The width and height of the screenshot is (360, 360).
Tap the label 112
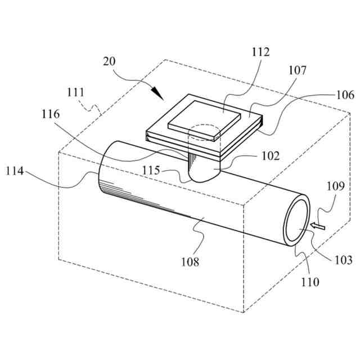click(261, 53)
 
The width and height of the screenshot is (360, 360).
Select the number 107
click(298, 71)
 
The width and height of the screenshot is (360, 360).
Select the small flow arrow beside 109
click(318, 226)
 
